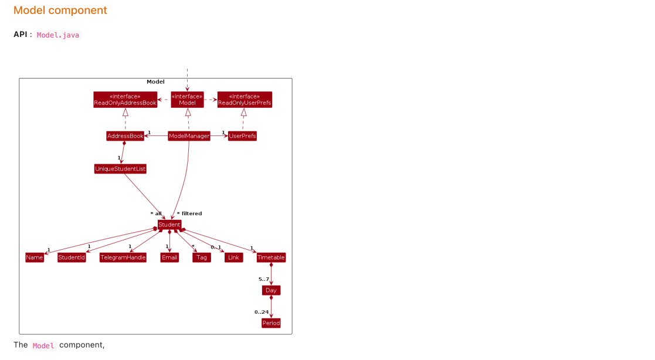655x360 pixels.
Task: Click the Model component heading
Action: point(60,11)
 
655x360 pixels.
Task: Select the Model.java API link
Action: point(57,35)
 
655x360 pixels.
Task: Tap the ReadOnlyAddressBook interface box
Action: point(125,100)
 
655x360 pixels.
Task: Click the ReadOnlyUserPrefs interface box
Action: point(245,100)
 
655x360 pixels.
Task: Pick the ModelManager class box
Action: point(189,136)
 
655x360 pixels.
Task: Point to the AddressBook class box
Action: point(125,136)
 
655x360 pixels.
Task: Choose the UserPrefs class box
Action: point(242,136)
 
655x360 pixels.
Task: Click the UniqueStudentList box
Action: point(120,169)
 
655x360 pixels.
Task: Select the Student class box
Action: point(169,225)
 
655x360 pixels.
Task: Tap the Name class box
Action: point(35,257)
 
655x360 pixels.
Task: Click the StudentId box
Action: point(72,257)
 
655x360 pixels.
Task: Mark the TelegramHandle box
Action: point(123,257)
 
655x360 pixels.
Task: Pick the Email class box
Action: point(169,257)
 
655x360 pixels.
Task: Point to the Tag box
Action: point(201,257)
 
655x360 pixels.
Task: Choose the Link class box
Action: point(233,257)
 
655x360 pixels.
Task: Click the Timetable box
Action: point(271,257)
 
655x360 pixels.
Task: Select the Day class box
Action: point(271,290)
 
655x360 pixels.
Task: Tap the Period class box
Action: point(271,323)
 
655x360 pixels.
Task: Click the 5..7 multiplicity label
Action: point(264,279)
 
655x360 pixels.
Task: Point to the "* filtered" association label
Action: point(189,213)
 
